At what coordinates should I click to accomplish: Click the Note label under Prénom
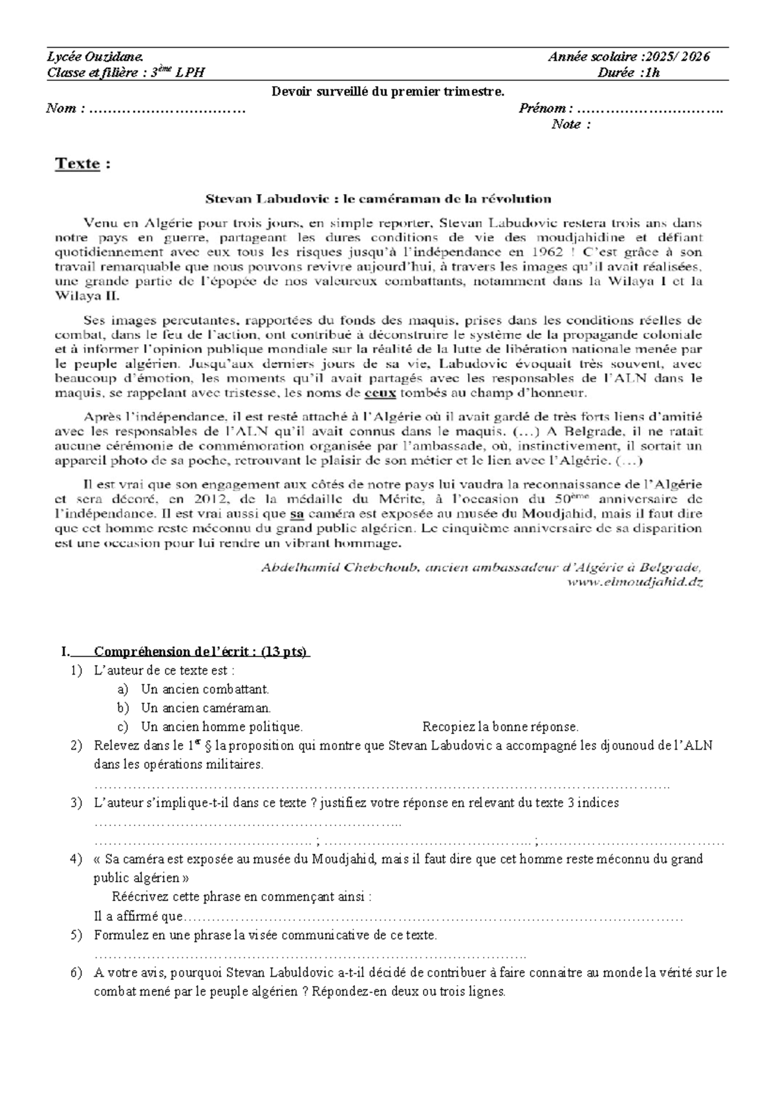570,125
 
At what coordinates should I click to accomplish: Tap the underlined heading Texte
78,164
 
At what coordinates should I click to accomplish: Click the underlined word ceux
380,393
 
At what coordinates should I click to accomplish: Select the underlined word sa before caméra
296,514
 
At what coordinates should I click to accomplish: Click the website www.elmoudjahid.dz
634,581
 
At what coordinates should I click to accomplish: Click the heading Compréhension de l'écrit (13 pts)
200,651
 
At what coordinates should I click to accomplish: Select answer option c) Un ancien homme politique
221,727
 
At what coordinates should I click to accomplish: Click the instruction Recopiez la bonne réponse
500,727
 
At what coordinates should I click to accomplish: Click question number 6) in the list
76,973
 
